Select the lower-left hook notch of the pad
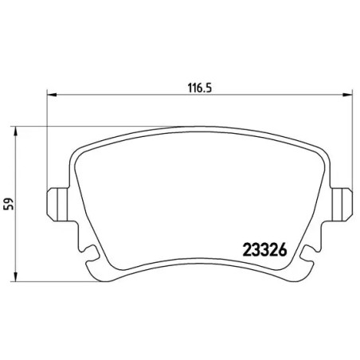tap(90, 255)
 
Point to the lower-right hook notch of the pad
tap(305, 256)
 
